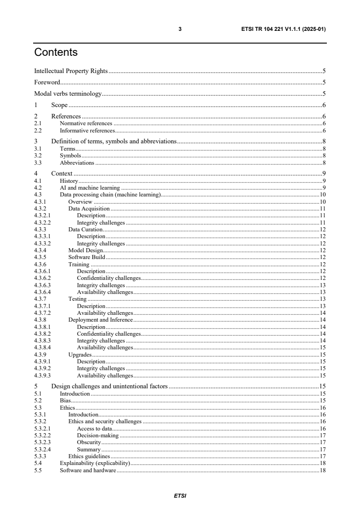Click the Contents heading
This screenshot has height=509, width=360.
(x=56, y=53)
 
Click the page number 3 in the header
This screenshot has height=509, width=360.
(x=180, y=29)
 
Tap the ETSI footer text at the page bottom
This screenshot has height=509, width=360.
(x=180, y=496)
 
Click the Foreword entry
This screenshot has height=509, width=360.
(x=48, y=83)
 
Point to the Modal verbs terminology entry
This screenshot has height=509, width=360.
(x=68, y=94)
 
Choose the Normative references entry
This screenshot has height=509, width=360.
(x=86, y=123)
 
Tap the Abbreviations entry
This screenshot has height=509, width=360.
(x=77, y=162)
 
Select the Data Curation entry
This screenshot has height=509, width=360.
(x=85, y=230)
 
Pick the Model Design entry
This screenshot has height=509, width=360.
(x=85, y=250)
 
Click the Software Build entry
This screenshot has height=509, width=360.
(x=87, y=257)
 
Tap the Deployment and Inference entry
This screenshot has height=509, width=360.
(x=100, y=320)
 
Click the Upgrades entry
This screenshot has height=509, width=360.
(x=80, y=355)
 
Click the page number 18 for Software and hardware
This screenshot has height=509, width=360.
(x=323, y=470)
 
